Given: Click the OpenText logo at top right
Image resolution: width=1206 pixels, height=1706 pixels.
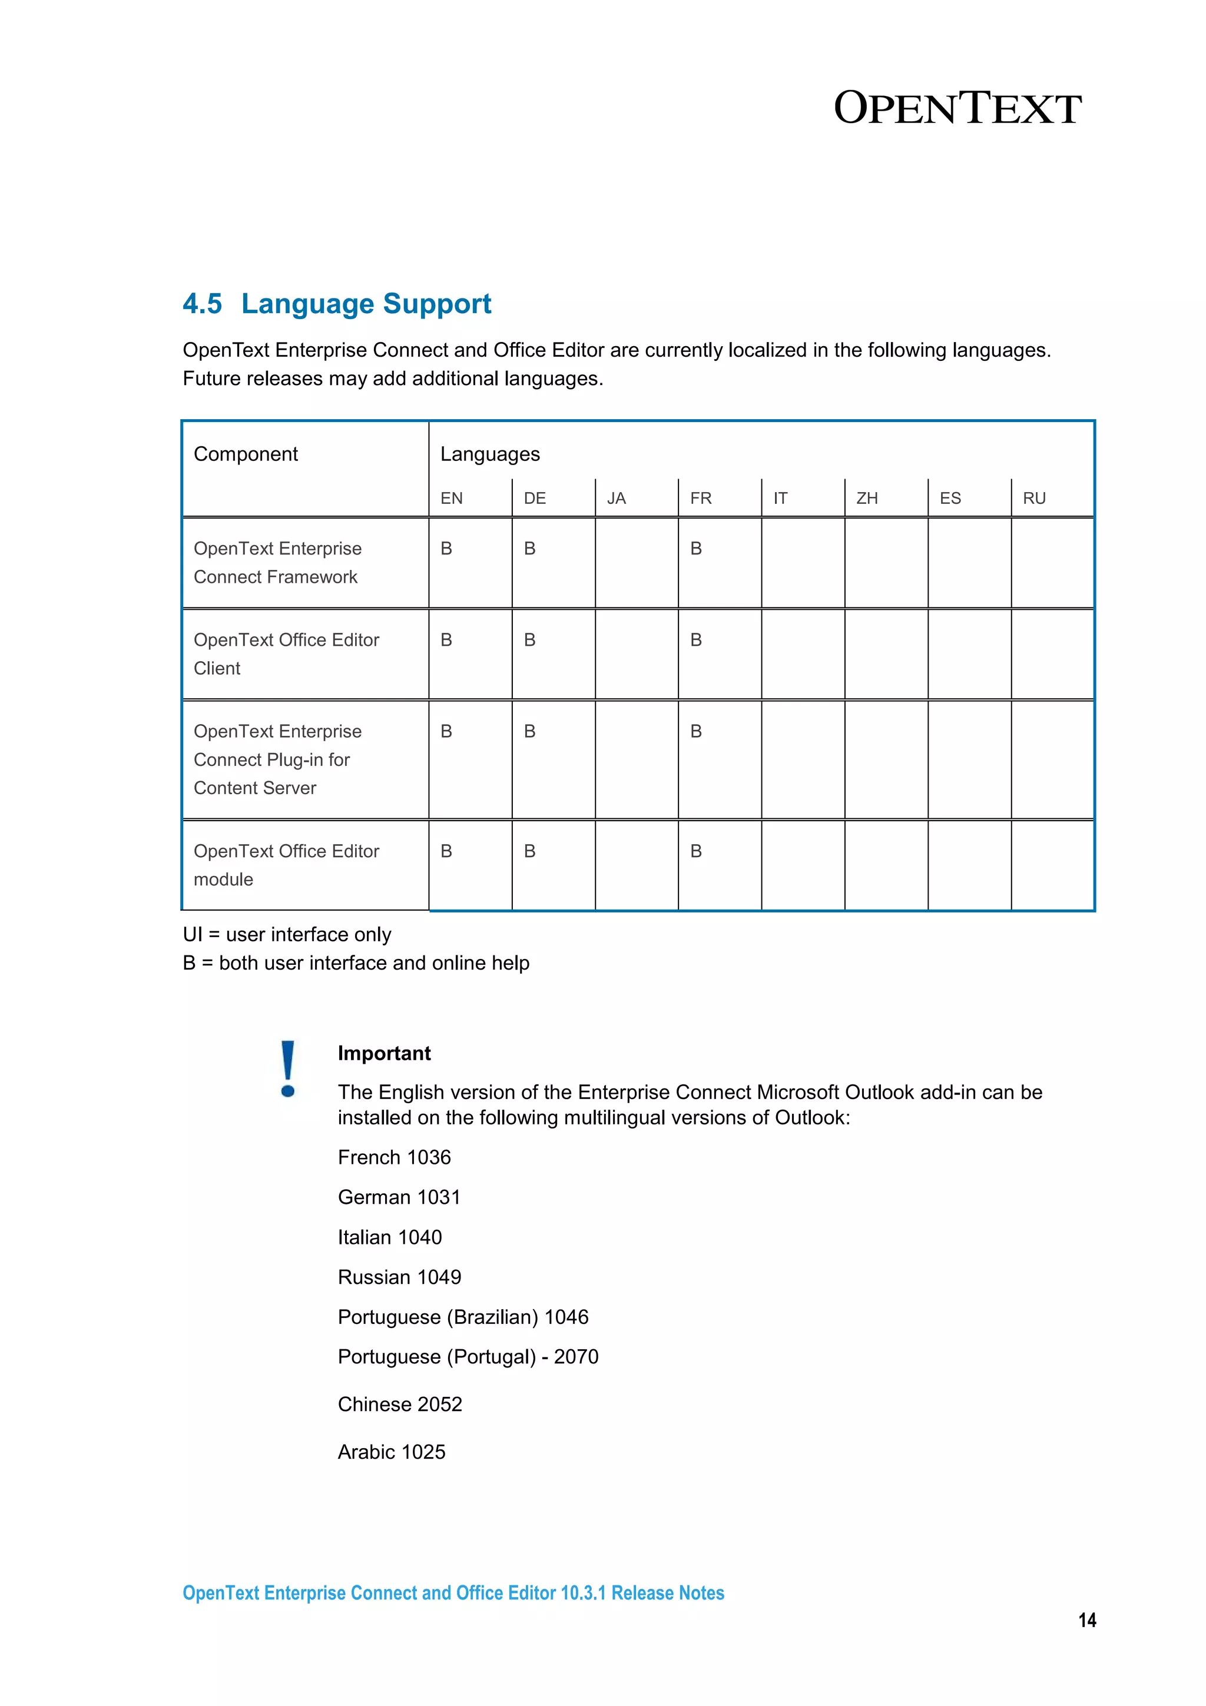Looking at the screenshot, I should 956,108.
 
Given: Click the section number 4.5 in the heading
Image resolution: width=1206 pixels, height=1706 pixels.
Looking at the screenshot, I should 202,304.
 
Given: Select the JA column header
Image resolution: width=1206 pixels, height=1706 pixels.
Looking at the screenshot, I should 616,498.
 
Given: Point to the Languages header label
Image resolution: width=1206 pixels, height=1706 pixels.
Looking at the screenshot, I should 490,454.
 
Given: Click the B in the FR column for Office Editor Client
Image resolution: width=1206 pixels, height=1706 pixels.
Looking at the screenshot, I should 695,640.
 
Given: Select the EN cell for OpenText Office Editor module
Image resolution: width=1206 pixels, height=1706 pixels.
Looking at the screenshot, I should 446,851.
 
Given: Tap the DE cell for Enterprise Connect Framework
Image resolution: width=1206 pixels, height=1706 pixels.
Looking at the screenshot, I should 530,549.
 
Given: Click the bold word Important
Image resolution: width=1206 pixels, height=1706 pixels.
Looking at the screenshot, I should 383,1053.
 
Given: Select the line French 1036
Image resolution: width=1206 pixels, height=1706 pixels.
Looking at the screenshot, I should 394,1157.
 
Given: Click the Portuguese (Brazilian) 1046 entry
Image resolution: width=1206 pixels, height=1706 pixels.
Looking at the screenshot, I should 462,1317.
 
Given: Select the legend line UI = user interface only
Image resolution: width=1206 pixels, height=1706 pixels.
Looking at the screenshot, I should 287,934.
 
